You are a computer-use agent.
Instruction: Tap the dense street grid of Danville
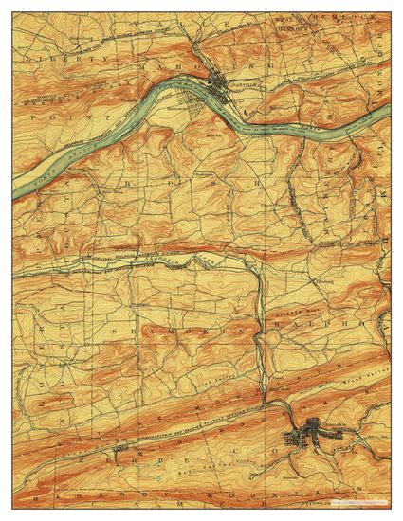tap(225, 90)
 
